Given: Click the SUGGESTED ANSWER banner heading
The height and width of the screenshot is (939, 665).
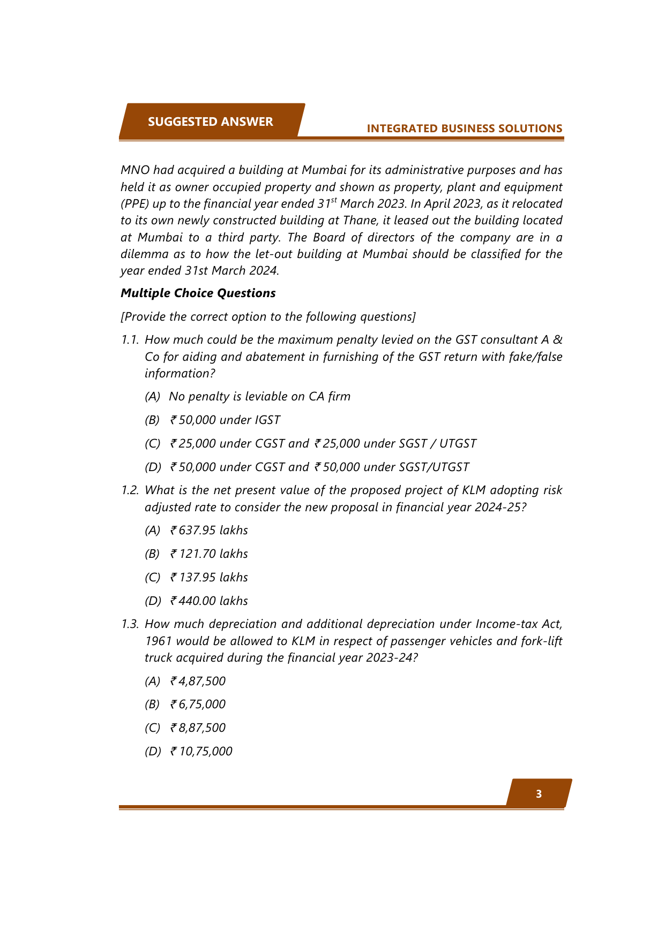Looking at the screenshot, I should coord(210,122).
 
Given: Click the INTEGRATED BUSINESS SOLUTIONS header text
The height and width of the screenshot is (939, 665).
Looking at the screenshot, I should coord(464,128).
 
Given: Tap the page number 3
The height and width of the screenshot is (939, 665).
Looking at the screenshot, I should coord(539,794).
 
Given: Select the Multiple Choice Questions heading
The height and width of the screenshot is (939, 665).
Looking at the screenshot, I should coord(198,293).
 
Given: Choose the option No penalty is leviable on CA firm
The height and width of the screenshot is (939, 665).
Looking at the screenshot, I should coord(259,396).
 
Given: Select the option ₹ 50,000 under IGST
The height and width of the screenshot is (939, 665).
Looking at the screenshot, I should coord(225,420).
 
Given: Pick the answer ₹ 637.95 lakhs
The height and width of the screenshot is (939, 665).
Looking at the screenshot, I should coord(209,530).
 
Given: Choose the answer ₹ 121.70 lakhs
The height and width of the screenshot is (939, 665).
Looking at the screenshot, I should coord(209,554).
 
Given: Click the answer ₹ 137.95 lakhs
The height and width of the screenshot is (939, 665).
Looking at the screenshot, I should coord(209,577).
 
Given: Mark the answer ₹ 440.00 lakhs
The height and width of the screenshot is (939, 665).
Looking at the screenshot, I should coord(209,601).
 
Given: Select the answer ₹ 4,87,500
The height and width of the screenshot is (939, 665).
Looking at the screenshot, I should coord(198,681).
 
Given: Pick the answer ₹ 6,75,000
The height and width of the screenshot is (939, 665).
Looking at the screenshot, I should coord(198,704).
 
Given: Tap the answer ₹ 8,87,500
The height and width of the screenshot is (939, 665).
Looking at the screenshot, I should coord(198,728).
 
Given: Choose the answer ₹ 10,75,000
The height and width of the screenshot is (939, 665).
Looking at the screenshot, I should coord(201,751).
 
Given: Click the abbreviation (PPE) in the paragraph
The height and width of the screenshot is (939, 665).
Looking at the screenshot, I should coord(135,204).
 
